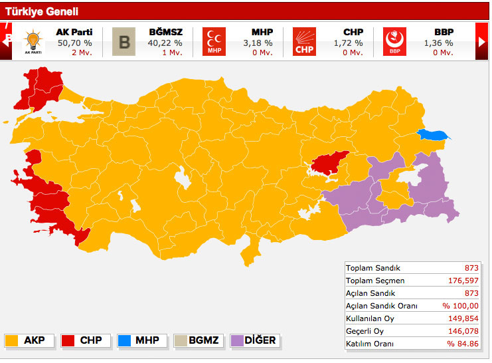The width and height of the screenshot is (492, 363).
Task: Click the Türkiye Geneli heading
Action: [42, 11]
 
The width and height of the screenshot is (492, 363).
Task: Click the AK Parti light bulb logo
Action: [32, 41]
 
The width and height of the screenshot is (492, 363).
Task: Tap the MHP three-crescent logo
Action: [214, 41]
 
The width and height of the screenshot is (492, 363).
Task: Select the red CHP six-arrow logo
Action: [305, 41]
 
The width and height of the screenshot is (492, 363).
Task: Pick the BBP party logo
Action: [394, 41]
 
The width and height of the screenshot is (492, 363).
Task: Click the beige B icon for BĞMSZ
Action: [123, 41]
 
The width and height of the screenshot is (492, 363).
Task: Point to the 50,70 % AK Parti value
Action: [74, 43]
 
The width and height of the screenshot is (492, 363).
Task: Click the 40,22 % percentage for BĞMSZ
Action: [165, 43]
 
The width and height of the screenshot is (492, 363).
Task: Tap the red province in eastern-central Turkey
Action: [327, 162]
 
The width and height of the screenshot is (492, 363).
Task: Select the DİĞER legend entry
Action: [254, 340]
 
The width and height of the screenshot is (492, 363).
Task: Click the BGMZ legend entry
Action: [197, 340]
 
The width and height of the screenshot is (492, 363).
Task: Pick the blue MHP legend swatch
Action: [124, 340]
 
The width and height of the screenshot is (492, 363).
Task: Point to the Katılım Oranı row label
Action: [369, 344]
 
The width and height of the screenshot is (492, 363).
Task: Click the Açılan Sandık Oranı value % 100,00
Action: [460, 306]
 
